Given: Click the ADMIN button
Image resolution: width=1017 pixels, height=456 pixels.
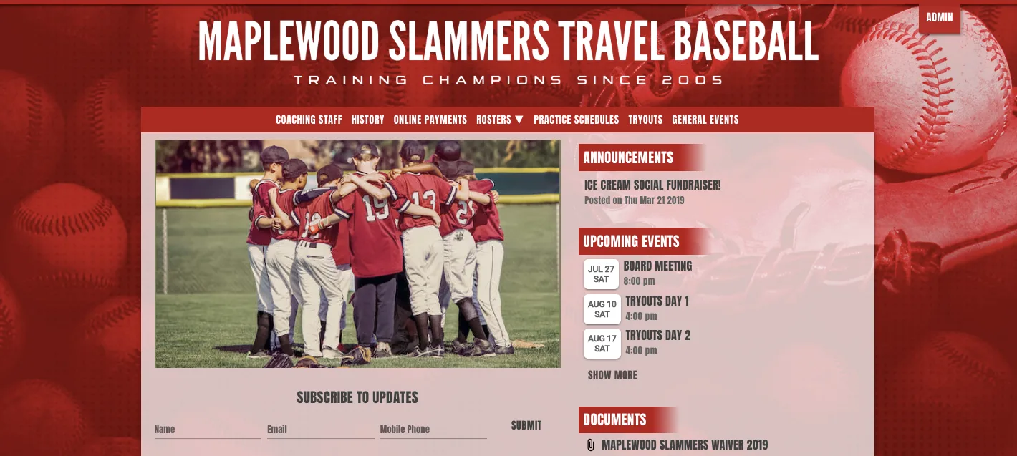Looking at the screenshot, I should coord(939,18).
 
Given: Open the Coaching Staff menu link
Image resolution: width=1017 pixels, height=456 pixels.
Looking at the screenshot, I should coord(309,120).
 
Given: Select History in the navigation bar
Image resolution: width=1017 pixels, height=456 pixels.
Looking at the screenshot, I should coord(367,120).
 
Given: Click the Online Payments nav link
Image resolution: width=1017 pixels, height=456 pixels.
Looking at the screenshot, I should coord(430,120).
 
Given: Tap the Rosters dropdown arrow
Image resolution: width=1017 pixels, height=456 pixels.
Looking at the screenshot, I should coord(519,120).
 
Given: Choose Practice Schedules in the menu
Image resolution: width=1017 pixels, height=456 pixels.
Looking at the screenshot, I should coord(576,120).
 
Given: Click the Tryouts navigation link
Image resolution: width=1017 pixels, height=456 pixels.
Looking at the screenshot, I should coord(645,120).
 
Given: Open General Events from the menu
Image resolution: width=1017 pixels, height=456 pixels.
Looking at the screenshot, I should coord(705,120).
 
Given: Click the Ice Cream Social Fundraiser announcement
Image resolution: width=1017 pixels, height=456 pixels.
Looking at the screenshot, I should coord(652,185).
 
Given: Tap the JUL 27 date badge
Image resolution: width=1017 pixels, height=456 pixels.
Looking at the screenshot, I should coord(601,274).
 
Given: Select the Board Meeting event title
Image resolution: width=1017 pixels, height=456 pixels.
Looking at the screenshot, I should coord(657,266).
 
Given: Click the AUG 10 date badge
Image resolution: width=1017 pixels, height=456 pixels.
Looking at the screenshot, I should coord(602,309).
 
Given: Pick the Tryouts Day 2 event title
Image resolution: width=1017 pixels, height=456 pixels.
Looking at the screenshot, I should coord(657,335).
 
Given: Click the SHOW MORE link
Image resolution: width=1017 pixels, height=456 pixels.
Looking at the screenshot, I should coord(612,375).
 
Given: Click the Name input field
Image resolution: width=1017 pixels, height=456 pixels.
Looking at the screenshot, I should coord(207,430).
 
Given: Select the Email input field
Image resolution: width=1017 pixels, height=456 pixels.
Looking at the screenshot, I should coord(320,430).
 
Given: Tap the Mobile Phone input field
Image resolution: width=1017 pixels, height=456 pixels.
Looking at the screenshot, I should coord(433,430).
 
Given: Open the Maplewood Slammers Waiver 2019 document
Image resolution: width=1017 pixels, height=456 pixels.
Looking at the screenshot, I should coord(684,445).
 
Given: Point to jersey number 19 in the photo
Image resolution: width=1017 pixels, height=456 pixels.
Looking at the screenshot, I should coord(374,210).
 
